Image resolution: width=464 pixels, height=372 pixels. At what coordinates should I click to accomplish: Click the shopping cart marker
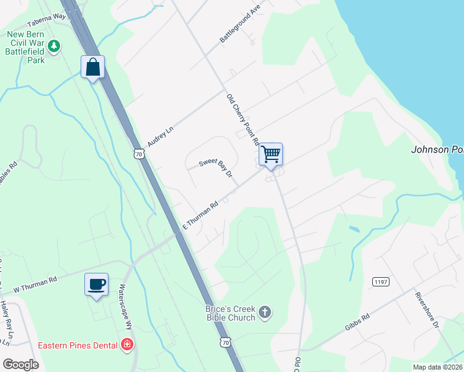[x=270, y=154]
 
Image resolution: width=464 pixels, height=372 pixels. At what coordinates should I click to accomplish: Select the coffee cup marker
[x=96, y=285]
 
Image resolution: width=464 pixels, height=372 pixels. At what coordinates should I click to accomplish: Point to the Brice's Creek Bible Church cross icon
[x=264, y=312]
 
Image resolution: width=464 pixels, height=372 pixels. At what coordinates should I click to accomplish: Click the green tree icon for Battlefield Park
[x=54, y=45]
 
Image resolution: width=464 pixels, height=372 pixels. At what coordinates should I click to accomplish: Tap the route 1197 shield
[x=380, y=282]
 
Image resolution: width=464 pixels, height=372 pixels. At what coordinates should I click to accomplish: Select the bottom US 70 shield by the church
[x=225, y=342]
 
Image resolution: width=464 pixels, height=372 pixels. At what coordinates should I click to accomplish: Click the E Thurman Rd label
[x=199, y=215]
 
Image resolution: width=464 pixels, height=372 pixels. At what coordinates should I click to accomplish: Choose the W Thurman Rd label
[x=35, y=283]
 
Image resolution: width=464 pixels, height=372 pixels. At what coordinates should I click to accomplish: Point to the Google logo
[x=20, y=364]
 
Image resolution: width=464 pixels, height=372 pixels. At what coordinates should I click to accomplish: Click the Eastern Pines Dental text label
[x=79, y=345]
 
